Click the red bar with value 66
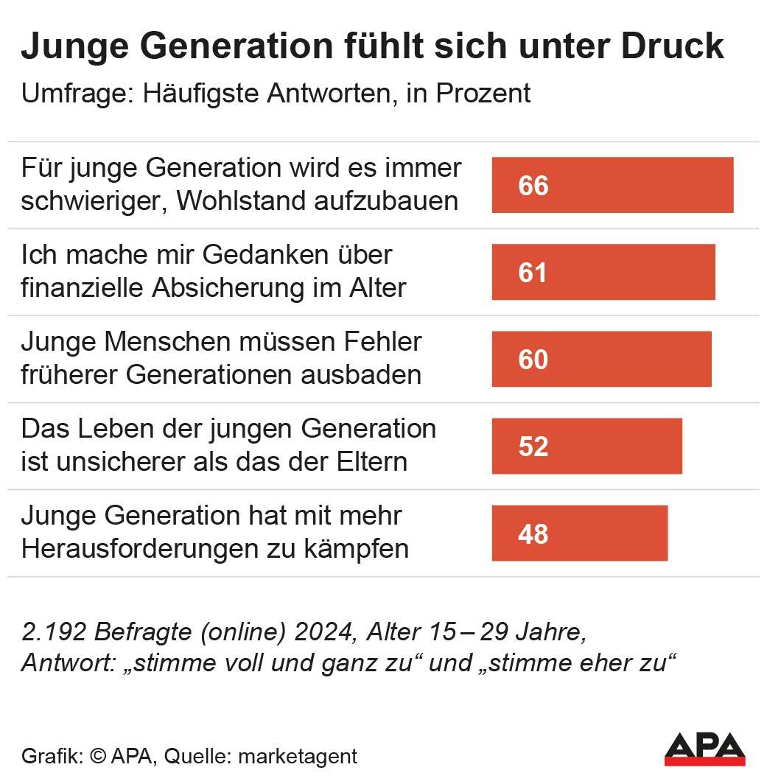[x=612, y=185]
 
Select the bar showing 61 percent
[x=603, y=272]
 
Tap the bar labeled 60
[x=601, y=359]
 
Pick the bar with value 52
[x=586, y=446]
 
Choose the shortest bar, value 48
[x=579, y=533]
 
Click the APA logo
[x=704, y=749]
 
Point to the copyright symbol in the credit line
[x=98, y=756]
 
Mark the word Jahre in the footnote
[x=547, y=632]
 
